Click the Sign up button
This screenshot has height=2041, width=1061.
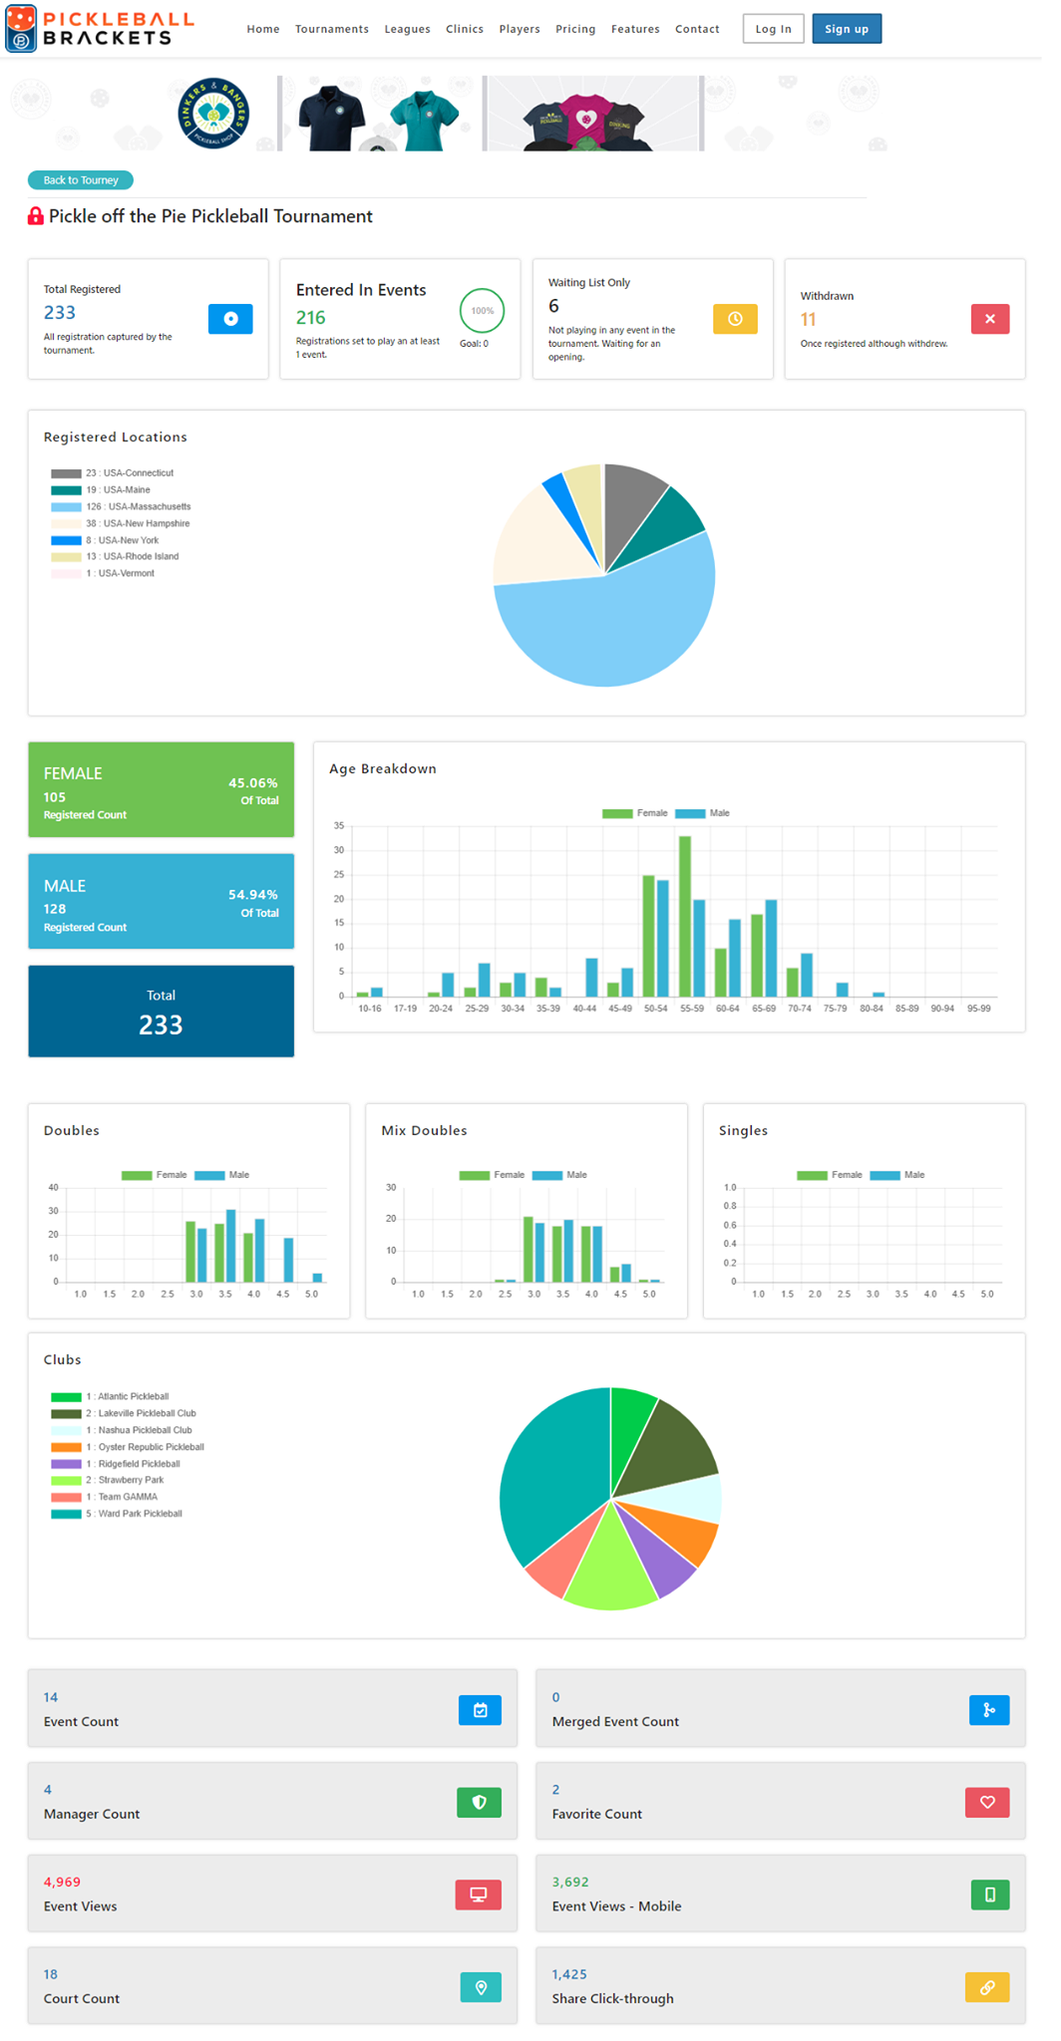coord(847,29)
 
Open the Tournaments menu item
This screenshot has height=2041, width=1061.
coord(332,29)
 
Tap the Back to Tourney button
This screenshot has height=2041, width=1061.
coord(81,180)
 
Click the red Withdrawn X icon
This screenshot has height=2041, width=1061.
coord(990,319)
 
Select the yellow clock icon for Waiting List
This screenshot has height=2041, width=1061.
coord(735,319)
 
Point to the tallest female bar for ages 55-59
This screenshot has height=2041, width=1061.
coord(685,916)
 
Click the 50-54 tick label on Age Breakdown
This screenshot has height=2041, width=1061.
coord(656,1009)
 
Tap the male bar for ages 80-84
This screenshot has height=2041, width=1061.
coord(879,995)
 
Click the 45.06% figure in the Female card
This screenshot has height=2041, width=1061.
coord(253,783)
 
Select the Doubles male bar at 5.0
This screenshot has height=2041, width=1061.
coord(318,1277)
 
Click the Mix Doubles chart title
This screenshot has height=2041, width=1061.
coord(424,1130)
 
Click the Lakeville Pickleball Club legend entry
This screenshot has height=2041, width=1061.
coord(124,1413)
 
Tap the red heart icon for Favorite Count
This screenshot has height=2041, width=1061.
coord(987,1802)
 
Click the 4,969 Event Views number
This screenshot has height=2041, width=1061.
coord(62,1882)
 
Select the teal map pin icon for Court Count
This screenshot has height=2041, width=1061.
coord(481,1987)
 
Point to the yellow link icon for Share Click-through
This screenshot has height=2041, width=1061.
coord(987,1987)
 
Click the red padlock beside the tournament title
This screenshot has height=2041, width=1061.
coord(36,216)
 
